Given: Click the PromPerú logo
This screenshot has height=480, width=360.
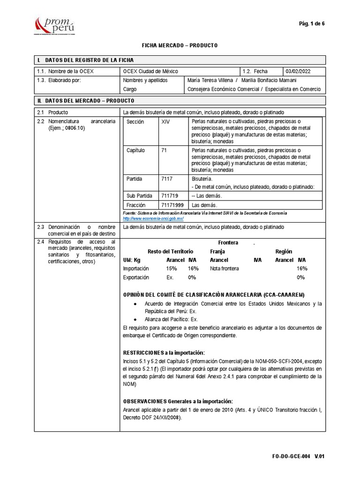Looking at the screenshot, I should point(55,24).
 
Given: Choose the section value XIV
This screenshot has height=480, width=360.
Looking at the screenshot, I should point(165,121).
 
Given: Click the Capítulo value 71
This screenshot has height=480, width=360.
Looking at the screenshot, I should point(164,150).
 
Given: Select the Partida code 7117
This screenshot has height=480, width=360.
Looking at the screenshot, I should point(166,179).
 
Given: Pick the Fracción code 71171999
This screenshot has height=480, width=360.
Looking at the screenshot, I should point(172,205).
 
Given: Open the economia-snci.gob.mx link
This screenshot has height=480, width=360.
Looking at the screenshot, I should point(153,218).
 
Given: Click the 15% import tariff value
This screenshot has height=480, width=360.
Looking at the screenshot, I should point(171,269).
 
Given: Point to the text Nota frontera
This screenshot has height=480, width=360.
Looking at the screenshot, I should point(224,269).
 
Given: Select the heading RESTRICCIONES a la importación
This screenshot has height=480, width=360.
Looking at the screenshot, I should point(164,352).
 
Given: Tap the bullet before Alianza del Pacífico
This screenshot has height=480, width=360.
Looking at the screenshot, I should point(135,318).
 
